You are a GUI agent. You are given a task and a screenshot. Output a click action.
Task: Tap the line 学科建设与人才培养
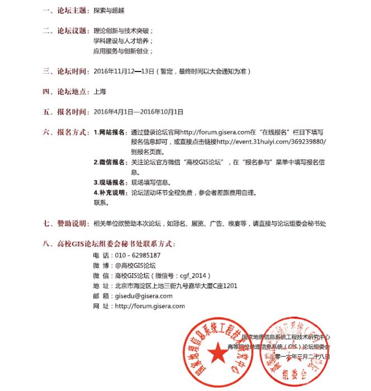(123, 41)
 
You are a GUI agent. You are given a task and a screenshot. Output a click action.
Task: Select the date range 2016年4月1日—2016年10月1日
(139, 112)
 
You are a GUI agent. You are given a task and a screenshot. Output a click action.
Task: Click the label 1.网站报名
(110, 133)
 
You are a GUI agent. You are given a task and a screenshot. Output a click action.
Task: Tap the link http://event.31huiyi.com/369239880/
(271, 142)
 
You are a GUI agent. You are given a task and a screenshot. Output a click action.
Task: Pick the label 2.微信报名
(110, 163)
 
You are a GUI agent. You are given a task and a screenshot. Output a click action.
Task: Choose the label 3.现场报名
(110, 183)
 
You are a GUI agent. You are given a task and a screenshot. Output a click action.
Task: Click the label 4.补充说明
(110, 193)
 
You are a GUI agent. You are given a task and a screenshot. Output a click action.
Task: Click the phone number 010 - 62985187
(137, 255)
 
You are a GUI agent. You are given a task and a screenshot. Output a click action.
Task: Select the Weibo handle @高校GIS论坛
(135, 265)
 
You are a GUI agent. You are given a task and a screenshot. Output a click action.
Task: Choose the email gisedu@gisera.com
(144, 296)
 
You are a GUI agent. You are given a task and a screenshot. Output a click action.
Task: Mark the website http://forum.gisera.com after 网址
(149, 306)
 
